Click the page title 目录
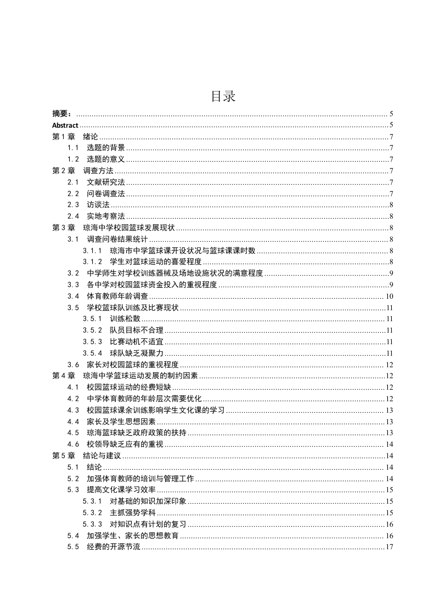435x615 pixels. (x=223, y=96)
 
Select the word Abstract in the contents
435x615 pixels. (x=65, y=126)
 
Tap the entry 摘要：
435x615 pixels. (x=62, y=114)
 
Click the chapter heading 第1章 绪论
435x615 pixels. (x=75, y=137)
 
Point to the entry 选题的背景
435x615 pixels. (x=106, y=148)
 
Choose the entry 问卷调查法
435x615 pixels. (x=106, y=193)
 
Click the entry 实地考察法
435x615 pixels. (x=106, y=217)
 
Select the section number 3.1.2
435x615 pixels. (x=93, y=262)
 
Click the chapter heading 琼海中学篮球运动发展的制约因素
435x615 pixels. (x=140, y=376)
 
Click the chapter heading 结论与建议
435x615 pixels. (x=102, y=455)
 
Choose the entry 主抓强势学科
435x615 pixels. (x=132, y=513)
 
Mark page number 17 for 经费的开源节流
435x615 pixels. (x=389, y=548)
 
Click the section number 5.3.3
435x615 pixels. (x=93, y=525)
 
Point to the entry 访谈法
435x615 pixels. (x=98, y=205)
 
